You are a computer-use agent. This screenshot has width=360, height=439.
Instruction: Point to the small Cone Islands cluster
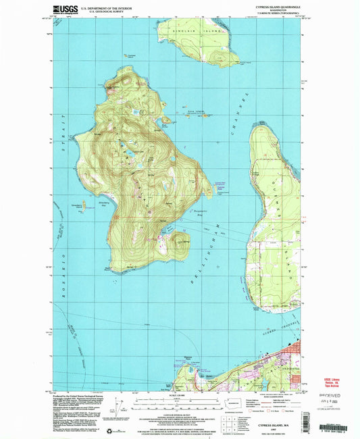tap(195, 113)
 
